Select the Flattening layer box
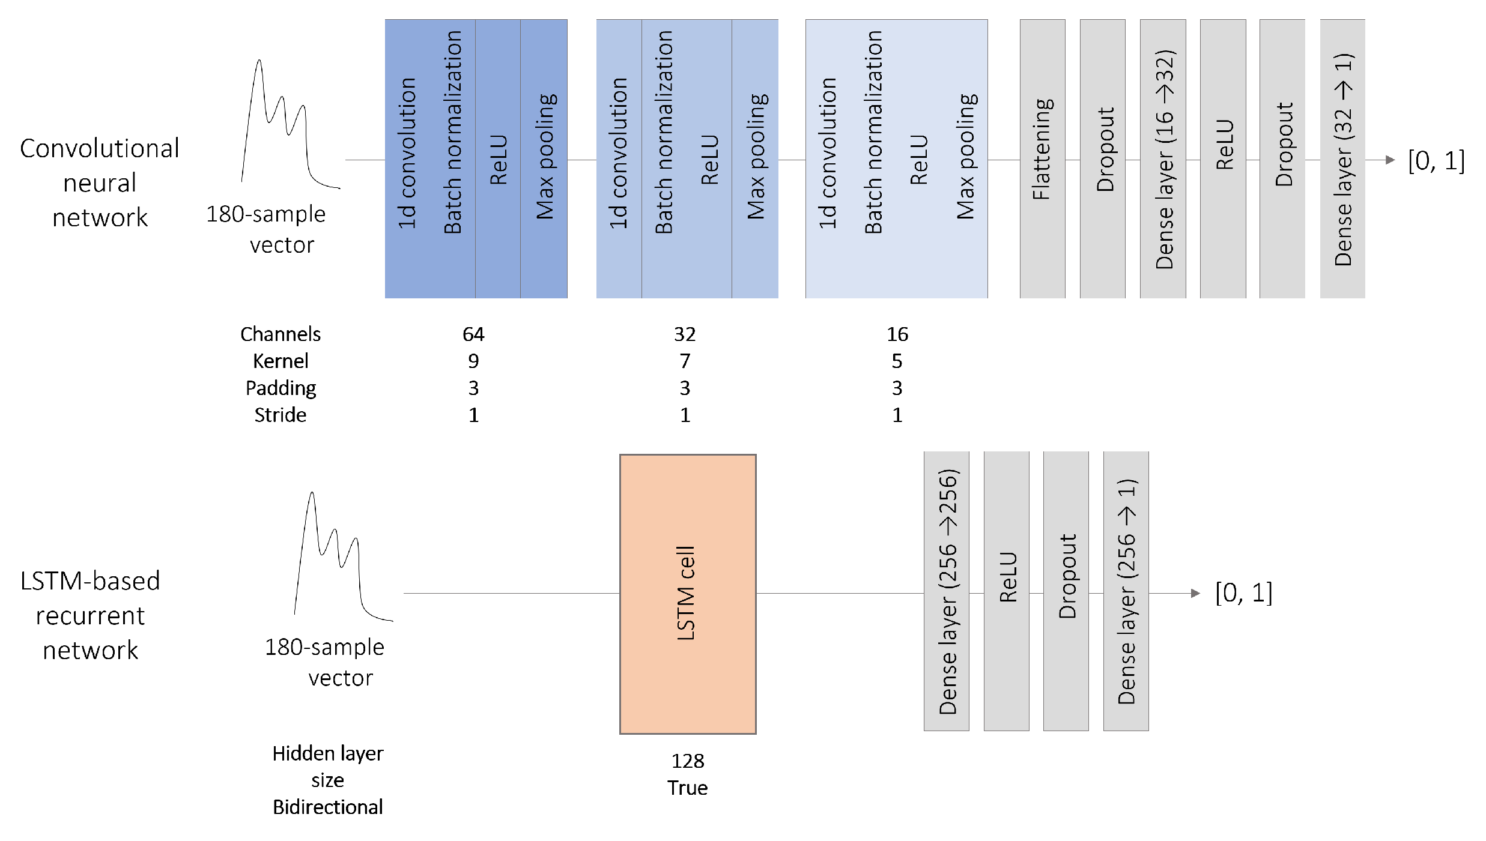click(x=1042, y=158)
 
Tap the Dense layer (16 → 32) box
click(x=1163, y=158)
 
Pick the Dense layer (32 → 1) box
click(x=1342, y=158)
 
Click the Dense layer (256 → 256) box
click(x=946, y=591)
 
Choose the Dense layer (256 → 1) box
click(x=1126, y=591)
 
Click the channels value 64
click(x=473, y=334)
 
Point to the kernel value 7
click(x=685, y=361)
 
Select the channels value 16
click(x=897, y=334)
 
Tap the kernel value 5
click(x=897, y=361)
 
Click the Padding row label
click(x=281, y=388)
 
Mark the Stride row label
click(x=280, y=415)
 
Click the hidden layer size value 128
click(x=687, y=761)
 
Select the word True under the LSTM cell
click(x=687, y=788)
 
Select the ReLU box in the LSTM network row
click(x=1006, y=591)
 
